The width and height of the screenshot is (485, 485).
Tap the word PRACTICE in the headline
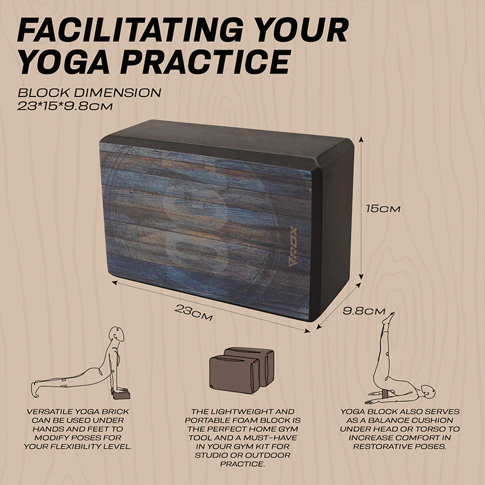point(206,62)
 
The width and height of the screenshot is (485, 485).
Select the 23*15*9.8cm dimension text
point(65,107)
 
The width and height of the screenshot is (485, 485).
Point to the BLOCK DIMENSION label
point(89,93)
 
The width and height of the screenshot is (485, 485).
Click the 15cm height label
point(383,209)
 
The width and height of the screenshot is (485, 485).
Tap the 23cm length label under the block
point(193,313)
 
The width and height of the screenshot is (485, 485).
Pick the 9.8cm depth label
point(364,311)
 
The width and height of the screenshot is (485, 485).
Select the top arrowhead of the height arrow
point(361,139)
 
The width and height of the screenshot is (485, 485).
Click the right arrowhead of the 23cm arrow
point(307,331)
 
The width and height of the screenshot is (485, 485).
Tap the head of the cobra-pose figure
point(117,335)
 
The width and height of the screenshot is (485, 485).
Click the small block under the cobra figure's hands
point(121,395)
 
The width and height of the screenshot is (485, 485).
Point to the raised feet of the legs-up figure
point(389,318)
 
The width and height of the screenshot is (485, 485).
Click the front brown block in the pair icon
point(234,374)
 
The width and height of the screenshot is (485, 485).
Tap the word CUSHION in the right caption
point(434,420)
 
